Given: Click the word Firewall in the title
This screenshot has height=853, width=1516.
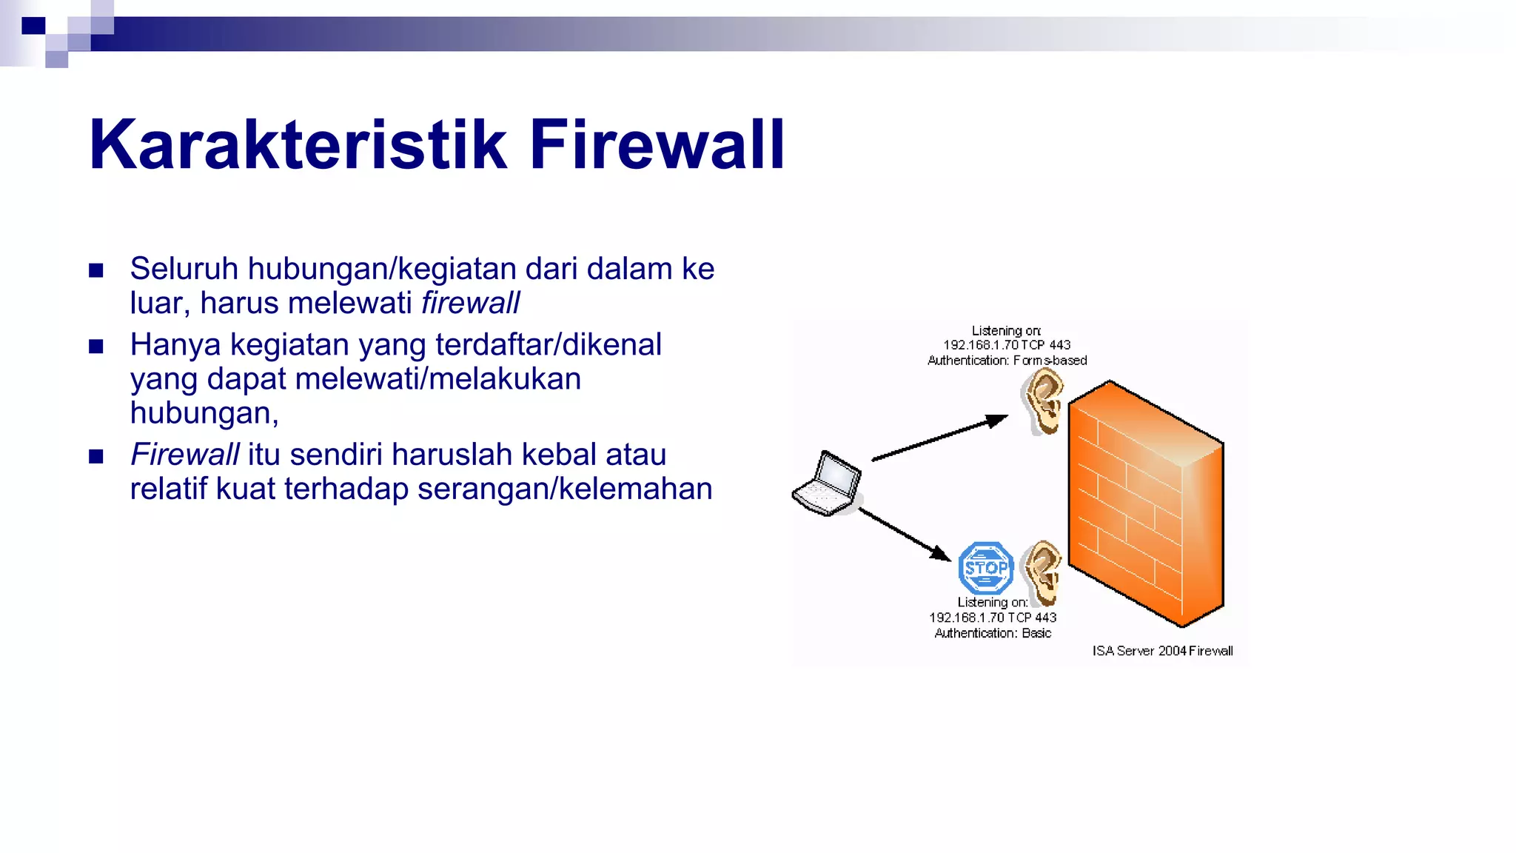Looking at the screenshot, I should [656, 145].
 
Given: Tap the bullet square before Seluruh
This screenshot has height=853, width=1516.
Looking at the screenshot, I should [96, 270].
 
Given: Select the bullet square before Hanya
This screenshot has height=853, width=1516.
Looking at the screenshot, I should [96, 347].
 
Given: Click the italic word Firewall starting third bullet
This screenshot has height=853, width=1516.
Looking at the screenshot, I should [184, 455].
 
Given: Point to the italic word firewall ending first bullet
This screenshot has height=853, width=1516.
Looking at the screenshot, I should [470, 304].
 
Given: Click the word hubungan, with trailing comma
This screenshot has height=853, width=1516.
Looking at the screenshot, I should [204, 413].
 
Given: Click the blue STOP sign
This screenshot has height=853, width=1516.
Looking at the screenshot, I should [985, 568].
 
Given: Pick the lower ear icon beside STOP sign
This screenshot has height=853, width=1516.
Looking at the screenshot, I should [1042, 571].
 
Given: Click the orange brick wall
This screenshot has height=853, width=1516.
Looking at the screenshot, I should [1146, 504].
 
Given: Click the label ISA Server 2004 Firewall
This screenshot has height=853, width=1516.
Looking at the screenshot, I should [1162, 651].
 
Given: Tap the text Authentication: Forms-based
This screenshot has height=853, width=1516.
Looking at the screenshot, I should [1007, 361].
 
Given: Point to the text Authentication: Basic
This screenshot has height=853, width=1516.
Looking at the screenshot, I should [992, 633].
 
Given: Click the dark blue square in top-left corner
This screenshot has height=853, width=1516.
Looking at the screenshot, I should [33, 26].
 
